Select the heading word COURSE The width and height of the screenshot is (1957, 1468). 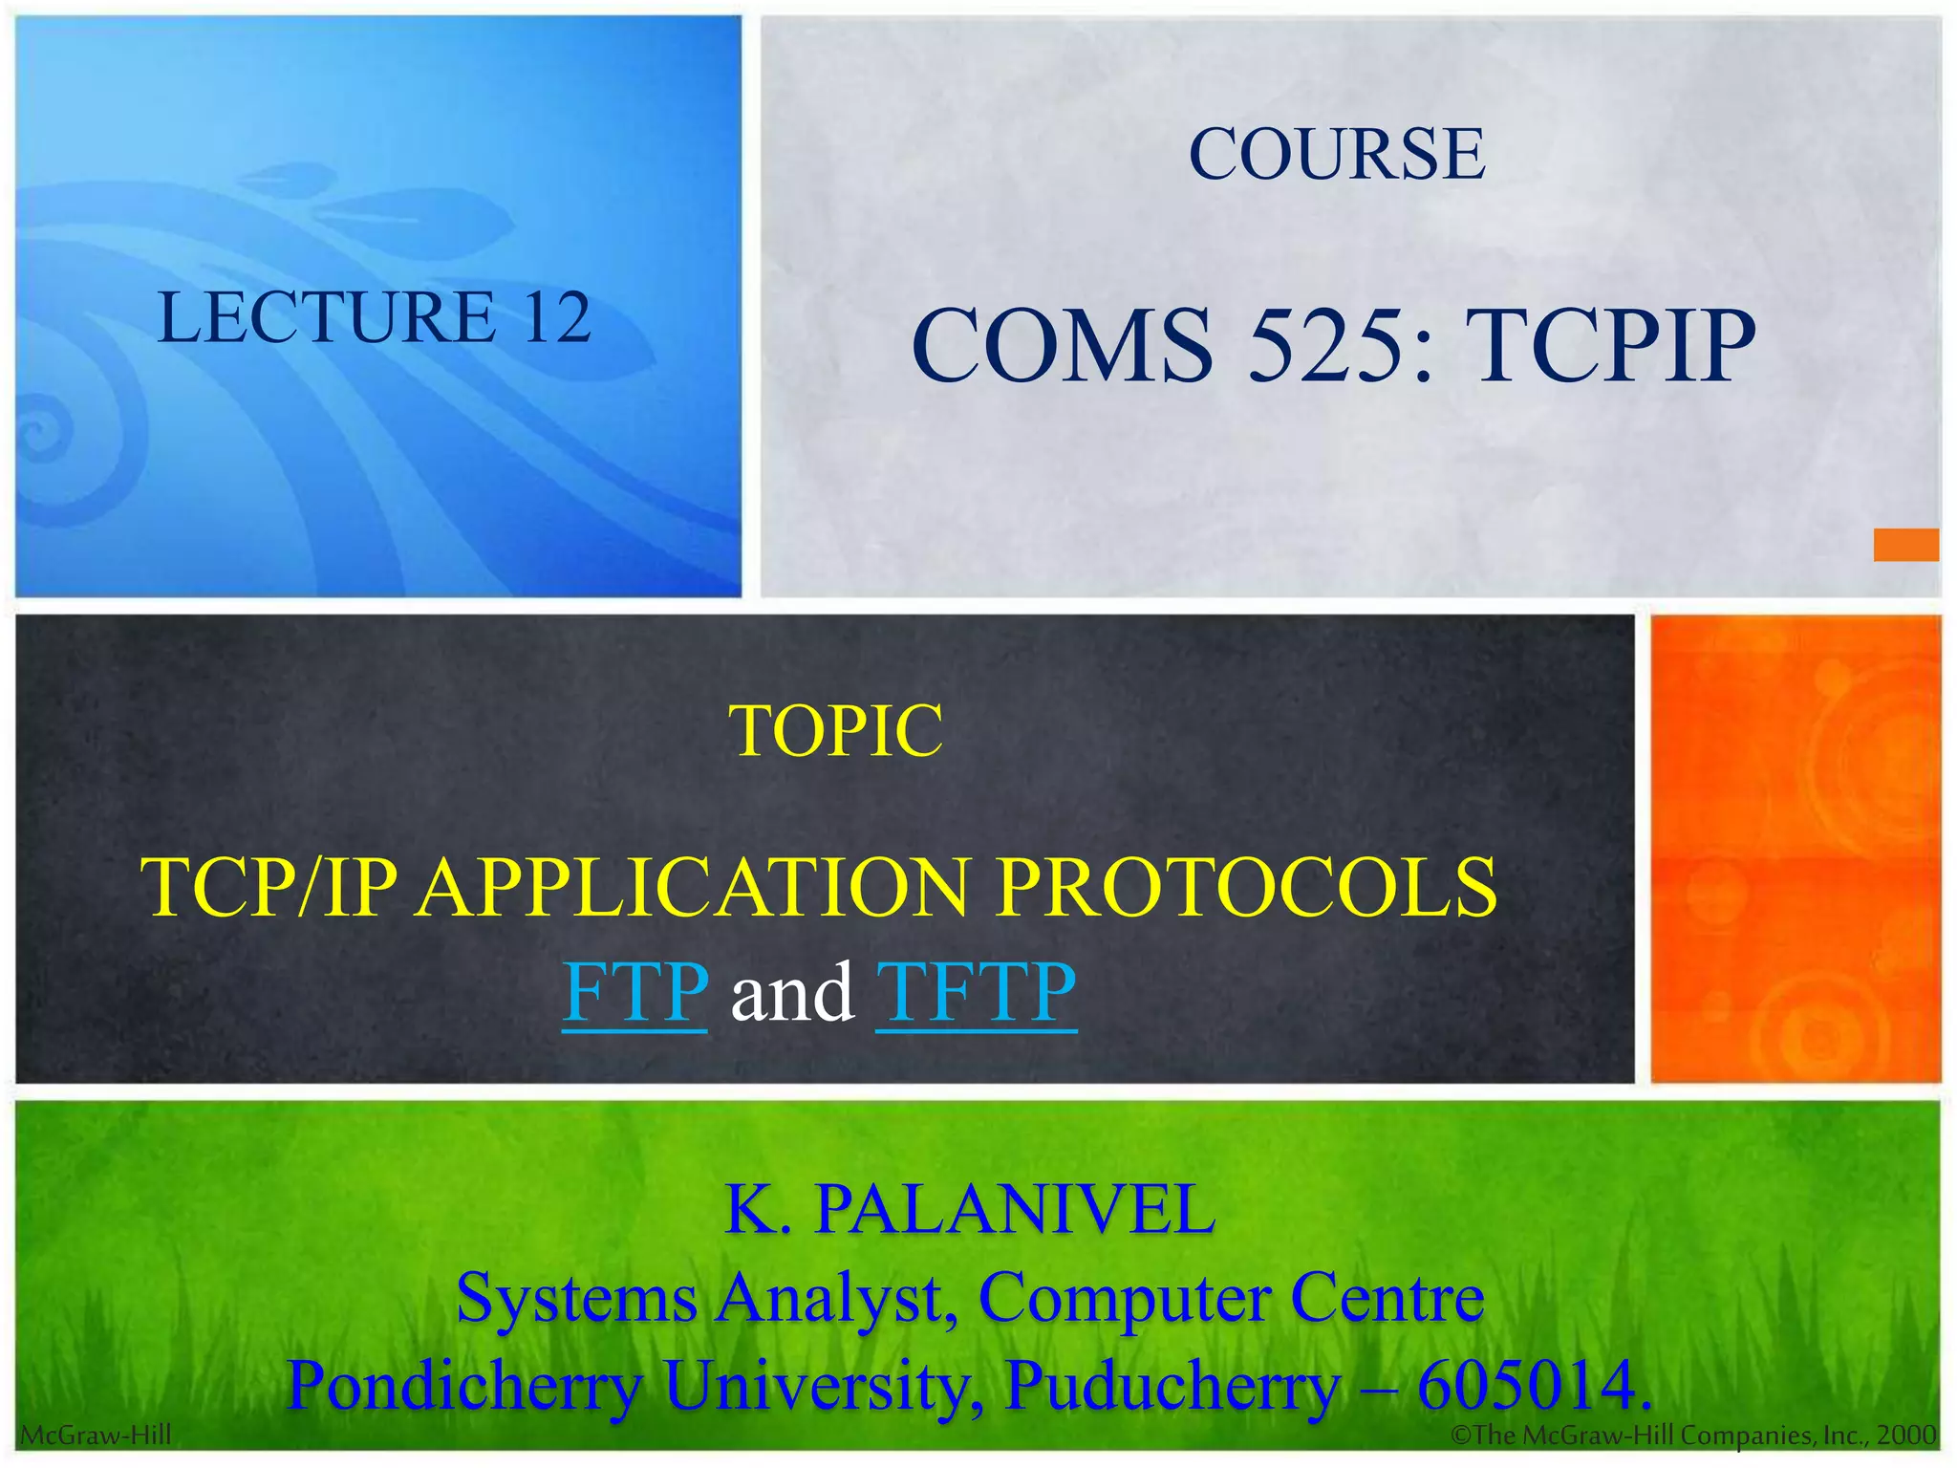click(1336, 154)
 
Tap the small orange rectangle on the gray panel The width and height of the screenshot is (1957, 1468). click(1905, 545)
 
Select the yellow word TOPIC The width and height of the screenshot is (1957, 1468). click(836, 731)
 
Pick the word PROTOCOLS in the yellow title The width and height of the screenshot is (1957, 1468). click(1246, 887)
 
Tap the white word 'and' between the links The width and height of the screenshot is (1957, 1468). click(791, 994)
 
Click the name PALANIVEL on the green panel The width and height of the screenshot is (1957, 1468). click(1014, 1210)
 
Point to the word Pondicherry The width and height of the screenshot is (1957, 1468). click(464, 1386)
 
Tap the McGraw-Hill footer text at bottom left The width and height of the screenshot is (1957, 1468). click(96, 1436)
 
